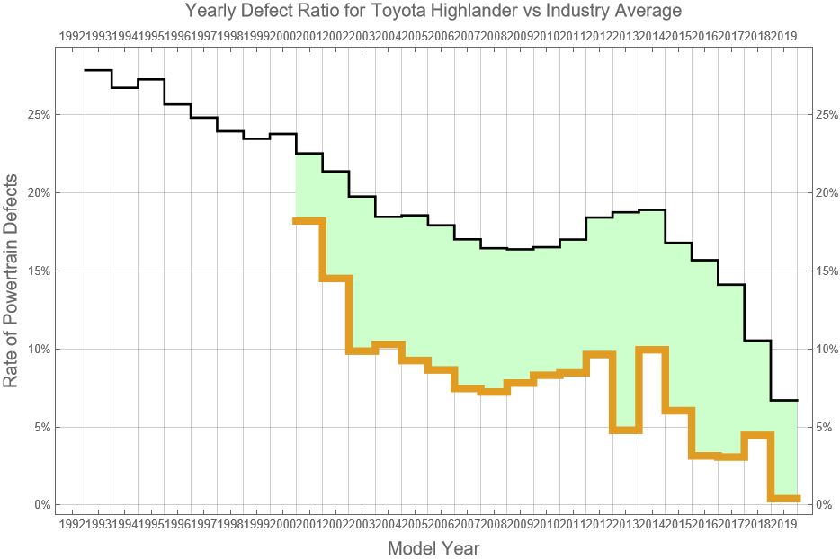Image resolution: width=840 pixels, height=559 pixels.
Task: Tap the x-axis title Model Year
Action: [x=433, y=548]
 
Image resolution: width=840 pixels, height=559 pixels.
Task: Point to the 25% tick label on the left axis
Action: [x=36, y=115]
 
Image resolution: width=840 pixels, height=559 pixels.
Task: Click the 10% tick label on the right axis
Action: [x=827, y=349]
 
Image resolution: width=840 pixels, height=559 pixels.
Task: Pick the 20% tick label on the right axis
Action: [x=827, y=193]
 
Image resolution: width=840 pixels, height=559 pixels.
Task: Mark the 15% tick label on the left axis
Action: [x=36, y=271]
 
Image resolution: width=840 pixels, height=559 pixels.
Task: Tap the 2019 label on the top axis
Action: [x=784, y=36]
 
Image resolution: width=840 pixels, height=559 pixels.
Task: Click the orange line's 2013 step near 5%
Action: [x=625, y=430]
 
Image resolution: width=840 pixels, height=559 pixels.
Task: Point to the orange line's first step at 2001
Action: [x=309, y=220]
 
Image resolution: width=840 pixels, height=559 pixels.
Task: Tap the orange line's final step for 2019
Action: [x=784, y=498]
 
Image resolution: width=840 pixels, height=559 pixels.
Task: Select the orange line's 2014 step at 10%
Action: [x=652, y=350]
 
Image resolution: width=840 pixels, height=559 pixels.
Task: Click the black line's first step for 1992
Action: [x=98, y=70]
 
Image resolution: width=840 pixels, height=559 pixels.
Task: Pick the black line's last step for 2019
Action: [x=784, y=400]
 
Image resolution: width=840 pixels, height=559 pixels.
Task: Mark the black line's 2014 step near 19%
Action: [x=652, y=209]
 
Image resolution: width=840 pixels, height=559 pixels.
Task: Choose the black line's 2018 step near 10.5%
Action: [x=757, y=341]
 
